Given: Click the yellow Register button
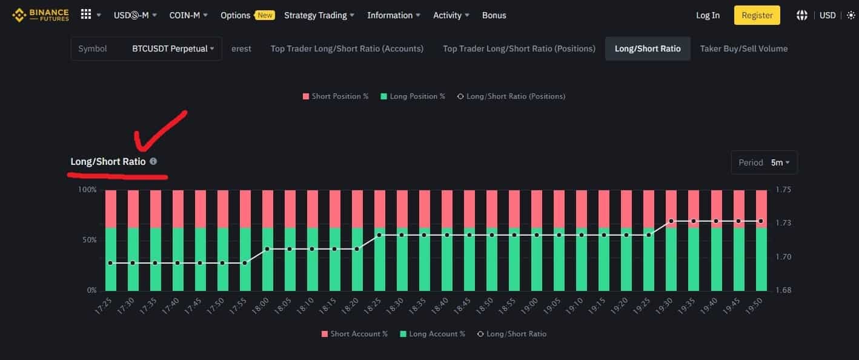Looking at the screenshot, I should [757, 15].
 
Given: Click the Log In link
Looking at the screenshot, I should [708, 15].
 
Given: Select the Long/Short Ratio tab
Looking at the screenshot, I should [648, 48].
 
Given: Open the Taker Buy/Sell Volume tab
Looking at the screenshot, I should [744, 48].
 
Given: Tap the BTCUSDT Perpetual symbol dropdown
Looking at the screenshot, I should [173, 48].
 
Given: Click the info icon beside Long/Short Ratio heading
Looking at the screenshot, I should [153, 161].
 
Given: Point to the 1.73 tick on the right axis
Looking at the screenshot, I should [783, 223].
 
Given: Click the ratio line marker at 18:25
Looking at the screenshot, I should [379, 235].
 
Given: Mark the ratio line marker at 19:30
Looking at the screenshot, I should [671, 221].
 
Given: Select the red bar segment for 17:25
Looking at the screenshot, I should [110, 208].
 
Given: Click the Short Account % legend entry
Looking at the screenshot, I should [354, 334].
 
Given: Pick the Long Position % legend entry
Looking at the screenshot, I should [413, 96].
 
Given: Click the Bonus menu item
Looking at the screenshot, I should [494, 15].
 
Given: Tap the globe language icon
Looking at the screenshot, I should [801, 15].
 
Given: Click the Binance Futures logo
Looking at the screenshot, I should [41, 15].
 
